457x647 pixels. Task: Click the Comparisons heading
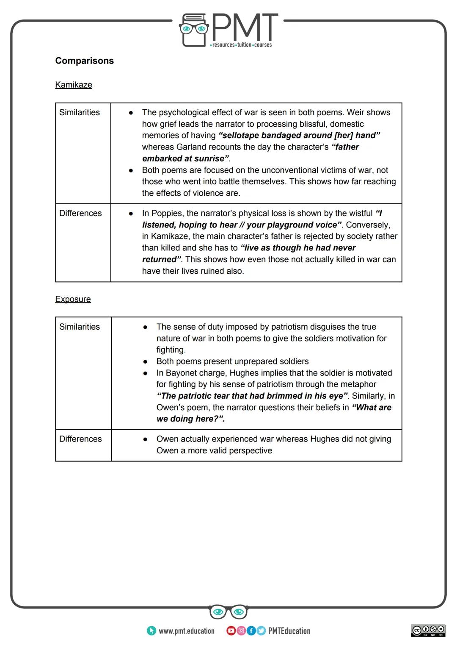tap(84, 61)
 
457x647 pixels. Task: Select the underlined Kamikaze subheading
tap(73, 85)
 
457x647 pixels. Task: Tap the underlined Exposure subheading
tap(73, 299)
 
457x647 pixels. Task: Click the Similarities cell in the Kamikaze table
tap(80, 112)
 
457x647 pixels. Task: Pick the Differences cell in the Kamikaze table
tap(80, 213)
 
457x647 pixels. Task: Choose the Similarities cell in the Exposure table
tap(80, 327)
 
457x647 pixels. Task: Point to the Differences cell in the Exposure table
tap(80, 439)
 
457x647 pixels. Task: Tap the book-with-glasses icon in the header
tap(194, 30)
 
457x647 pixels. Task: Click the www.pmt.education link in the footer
tap(186, 631)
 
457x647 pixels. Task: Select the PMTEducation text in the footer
tap(289, 631)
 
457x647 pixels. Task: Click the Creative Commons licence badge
tap(428, 630)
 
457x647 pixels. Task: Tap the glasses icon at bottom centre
tap(228, 612)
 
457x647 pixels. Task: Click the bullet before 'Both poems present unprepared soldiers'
tap(145, 361)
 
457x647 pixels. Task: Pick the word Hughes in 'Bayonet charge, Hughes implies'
tap(244, 373)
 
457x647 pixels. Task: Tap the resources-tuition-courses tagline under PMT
tap(241, 45)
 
